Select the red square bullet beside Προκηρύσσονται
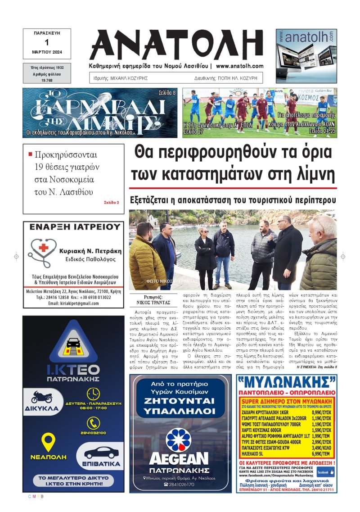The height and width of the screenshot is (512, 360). pyautogui.click(x=30, y=154)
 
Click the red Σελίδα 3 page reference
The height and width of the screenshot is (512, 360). pyautogui.click(x=111, y=203)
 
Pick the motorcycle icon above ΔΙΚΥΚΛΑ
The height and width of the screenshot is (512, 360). pyautogui.click(x=41, y=398)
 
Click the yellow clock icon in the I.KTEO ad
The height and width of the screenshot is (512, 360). pyautogui.click(x=93, y=394)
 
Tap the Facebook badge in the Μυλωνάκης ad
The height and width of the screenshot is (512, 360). pyautogui.click(x=325, y=472)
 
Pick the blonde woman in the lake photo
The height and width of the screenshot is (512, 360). pyautogui.click(x=205, y=256)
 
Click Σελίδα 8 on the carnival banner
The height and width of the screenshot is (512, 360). pyautogui.click(x=168, y=93)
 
